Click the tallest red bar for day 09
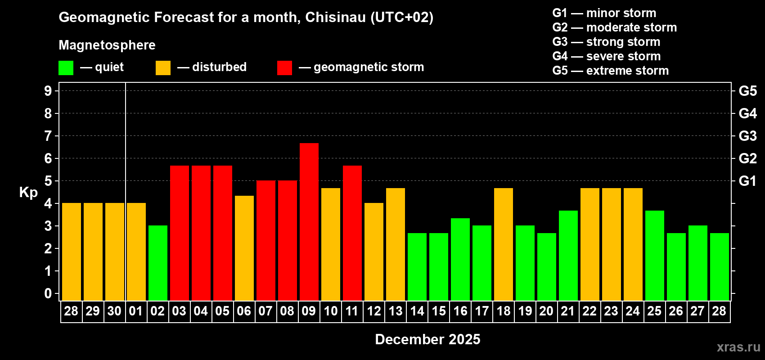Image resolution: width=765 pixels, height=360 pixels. (309, 221)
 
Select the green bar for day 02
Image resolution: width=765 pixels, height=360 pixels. (158, 263)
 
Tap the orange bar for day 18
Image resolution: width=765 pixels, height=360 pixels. (504, 244)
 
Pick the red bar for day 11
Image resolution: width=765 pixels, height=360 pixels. (352, 233)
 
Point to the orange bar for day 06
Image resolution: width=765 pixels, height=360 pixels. (244, 248)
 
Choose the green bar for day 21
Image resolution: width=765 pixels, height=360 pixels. (568, 255)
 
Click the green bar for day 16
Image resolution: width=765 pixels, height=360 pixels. (460, 259)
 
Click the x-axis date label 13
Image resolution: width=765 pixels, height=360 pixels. (396, 311)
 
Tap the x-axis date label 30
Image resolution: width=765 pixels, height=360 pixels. (114, 311)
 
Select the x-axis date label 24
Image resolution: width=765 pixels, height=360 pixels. (633, 311)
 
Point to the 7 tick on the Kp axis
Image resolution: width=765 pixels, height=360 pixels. (48, 136)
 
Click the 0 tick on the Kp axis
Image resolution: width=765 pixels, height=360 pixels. (48, 294)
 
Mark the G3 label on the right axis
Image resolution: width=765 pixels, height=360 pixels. (747, 136)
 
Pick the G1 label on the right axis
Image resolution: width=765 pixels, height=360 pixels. (747, 181)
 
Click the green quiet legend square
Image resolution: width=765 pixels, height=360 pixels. (66, 68)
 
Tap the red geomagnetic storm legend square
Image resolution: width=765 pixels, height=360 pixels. (284, 68)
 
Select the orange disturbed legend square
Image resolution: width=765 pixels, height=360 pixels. (163, 68)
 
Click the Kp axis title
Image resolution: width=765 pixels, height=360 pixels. (28, 192)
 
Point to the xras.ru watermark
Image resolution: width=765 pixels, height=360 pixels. (738, 346)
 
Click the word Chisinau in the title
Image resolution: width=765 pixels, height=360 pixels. (335, 17)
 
